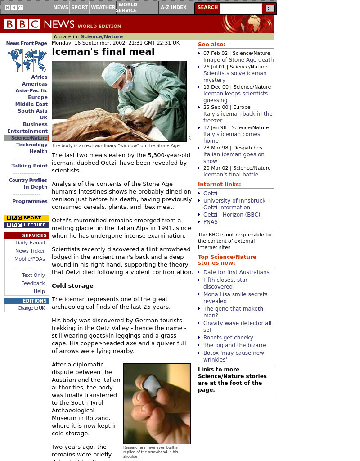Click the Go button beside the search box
(270, 8)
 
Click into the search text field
(241, 8)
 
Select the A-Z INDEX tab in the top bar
(173, 7)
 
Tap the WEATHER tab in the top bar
(103, 7)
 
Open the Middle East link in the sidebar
(31, 104)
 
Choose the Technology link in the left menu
(31, 145)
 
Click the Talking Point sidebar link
(29, 166)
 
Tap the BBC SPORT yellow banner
(27, 218)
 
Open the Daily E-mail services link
(30, 243)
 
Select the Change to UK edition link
(31, 308)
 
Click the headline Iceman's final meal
(103, 52)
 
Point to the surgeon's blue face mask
(128, 85)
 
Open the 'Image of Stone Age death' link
(238, 60)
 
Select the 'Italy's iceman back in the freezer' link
(238, 117)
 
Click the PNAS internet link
(210, 222)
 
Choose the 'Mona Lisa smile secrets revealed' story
(235, 298)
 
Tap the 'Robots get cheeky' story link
(228, 338)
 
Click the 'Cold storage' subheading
(72, 286)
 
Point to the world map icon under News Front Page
(27, 60)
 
